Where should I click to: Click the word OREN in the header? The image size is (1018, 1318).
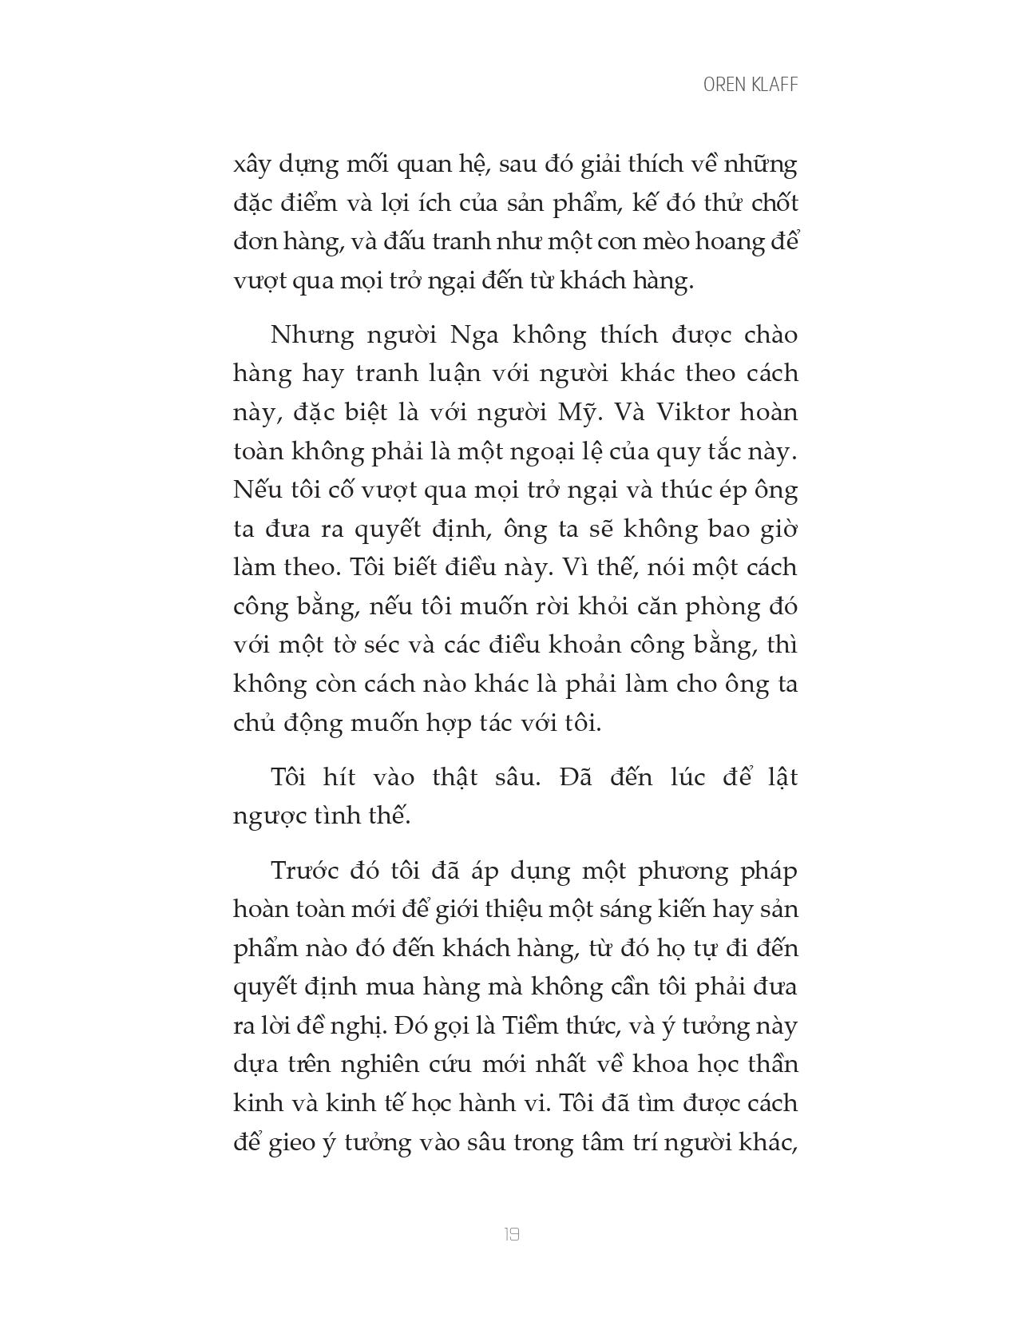coord(724,85)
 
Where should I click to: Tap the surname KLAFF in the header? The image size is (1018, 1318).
coord(774,85)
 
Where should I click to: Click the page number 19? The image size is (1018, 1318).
coord(512,1235)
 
